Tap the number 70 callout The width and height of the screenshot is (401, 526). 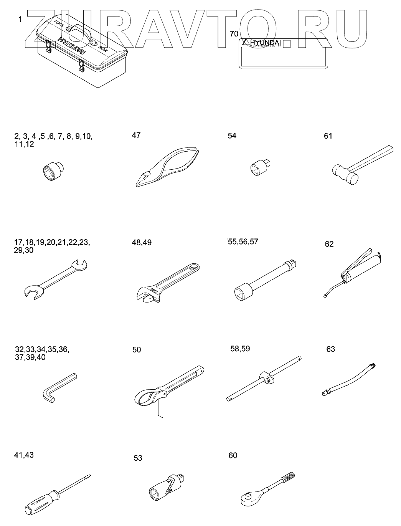234,34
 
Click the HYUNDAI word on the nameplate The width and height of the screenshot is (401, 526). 266,42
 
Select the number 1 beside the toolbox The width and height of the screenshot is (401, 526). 20,19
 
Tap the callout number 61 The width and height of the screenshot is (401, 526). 328,136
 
